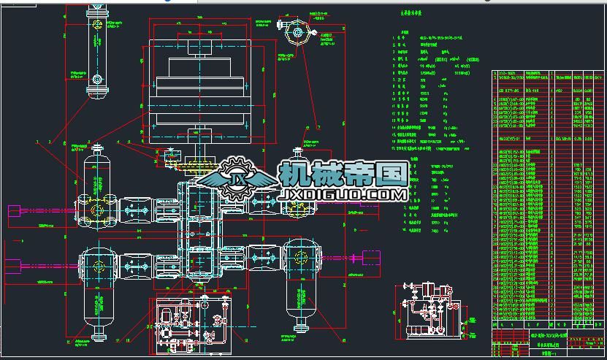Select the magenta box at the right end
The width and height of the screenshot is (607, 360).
point(371,258)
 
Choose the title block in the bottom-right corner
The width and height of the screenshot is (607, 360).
point(549,343)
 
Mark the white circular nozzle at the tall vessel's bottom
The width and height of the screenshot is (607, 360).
point(96,79)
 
